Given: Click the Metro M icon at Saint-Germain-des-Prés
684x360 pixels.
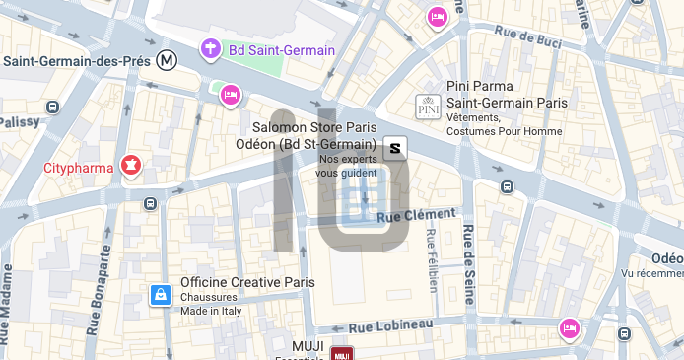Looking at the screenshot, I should tap(169, 60).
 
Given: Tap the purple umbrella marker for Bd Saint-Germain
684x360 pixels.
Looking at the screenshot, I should tap(210, 48).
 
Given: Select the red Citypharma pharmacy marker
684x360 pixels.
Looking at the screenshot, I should tap(128, 165).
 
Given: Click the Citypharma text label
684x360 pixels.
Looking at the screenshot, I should tap(79, 168).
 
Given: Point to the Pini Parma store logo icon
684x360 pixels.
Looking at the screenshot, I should tap(428, 107).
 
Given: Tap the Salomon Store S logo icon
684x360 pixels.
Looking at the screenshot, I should tap(395, 149).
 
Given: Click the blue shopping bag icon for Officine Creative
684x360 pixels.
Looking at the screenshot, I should tap(160, 295).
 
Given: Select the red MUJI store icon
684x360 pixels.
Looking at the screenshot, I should tap(342, 353).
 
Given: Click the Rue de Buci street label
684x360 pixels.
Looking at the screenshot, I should tap(531, 39).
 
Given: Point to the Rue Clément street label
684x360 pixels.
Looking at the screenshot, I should tap(418, 214).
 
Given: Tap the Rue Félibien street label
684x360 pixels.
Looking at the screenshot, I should tap(431, 259).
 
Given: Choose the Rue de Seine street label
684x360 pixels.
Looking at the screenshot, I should tap(468, 260).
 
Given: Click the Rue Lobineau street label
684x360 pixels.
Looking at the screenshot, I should tap(390, 325).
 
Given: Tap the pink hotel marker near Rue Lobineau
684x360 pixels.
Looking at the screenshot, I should tap(569, 327).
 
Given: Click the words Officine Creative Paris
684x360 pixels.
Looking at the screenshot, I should tap(247, 282).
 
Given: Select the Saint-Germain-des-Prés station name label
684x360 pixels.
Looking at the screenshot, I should tap(77, 61).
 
